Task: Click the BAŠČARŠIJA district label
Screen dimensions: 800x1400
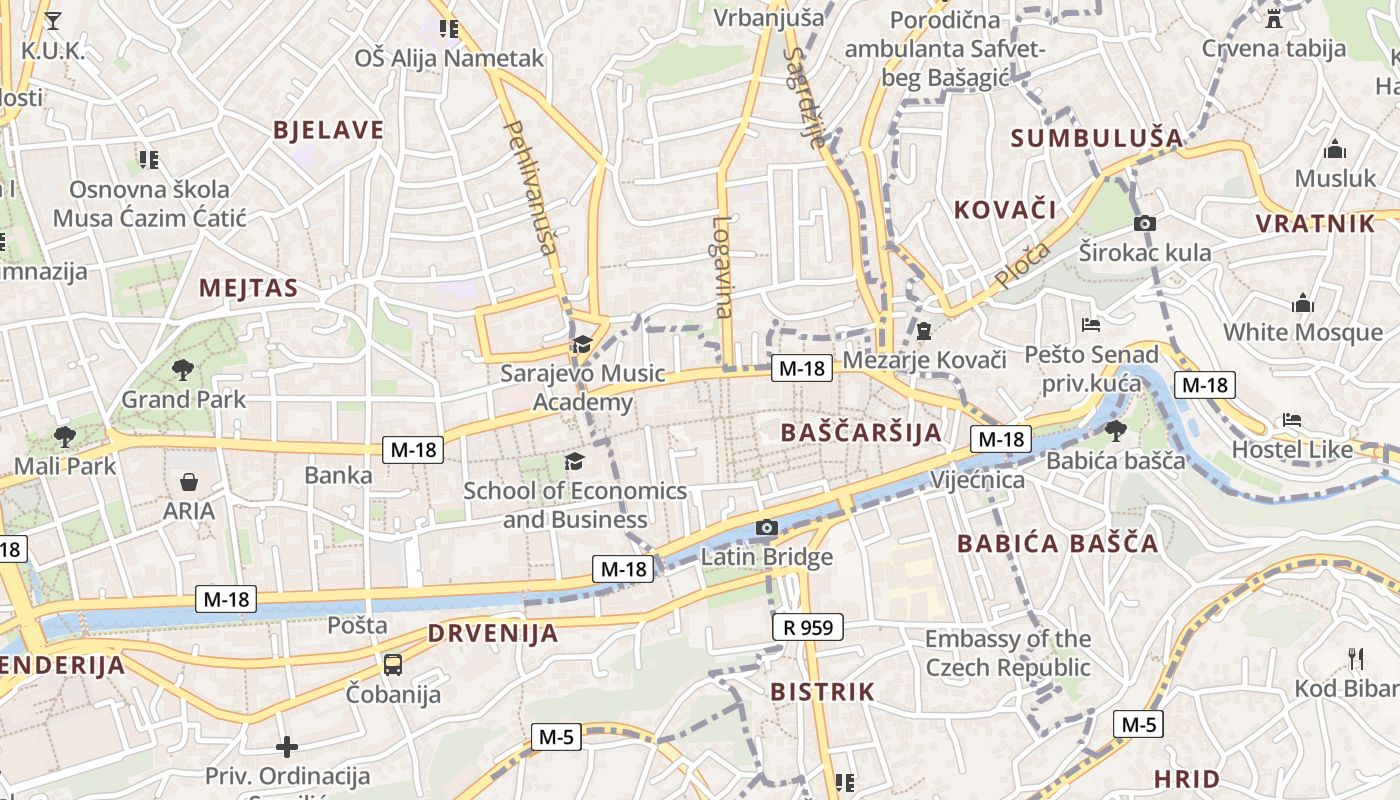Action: point(860,432)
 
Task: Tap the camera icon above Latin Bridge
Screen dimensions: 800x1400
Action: point(767,527)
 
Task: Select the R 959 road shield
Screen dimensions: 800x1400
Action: point(808,628)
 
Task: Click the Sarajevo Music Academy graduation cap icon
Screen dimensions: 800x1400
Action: point(581,345)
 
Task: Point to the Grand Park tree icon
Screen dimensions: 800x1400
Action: point(182,370)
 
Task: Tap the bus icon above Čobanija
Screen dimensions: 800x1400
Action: point(393,664)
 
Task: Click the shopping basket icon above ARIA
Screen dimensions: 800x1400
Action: point(189,483)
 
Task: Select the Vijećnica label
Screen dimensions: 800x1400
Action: point(977,480)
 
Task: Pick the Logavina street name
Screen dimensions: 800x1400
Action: point(723,267)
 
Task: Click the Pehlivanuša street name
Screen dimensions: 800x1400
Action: point(531,188)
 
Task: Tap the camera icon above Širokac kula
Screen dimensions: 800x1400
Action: point(1145,223)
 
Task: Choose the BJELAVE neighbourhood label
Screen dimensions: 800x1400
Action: point(328,130)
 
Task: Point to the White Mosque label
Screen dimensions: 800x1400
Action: point(1302,332)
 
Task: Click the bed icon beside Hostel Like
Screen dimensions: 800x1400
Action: point(1292,421)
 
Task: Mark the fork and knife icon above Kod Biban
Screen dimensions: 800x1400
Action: point(1356,658)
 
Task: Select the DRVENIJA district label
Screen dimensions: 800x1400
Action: point(492,633)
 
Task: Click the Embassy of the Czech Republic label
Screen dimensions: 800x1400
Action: point(1007,653)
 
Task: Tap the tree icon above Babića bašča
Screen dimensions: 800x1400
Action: point(1115,431)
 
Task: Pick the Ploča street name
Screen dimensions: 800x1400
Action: point(1023,265)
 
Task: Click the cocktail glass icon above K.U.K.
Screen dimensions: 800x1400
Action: point(53,20)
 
